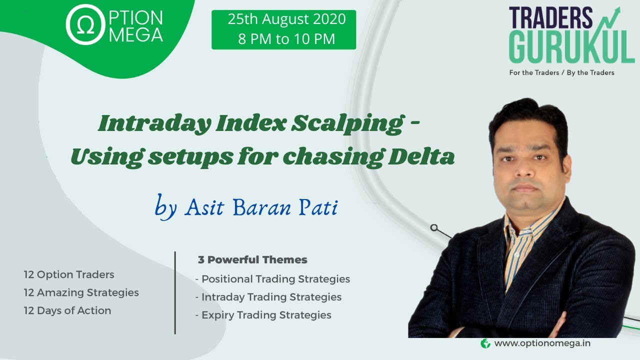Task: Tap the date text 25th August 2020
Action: tap(286, 19)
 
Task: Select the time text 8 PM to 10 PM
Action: tap(286, 39)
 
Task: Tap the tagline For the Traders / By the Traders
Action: tap(561, 72)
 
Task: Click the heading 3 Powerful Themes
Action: tap(252, 260)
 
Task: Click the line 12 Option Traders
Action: tap(69, 274)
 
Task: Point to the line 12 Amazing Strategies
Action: tap(81, 292)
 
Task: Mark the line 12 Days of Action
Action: tap(67, 310)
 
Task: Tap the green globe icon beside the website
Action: tap(485, 343)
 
